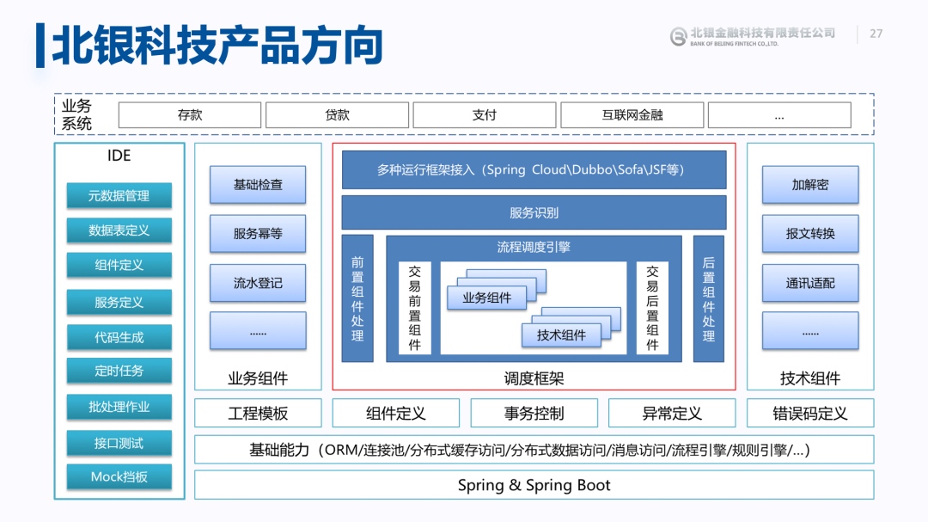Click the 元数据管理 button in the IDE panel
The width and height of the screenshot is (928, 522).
pos(119,195)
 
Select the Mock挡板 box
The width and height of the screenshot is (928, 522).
pos(119,476)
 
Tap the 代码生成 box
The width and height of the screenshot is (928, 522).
pos(119,337)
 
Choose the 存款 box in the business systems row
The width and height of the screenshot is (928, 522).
pos(190,114)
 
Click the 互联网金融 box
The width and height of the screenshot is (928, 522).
pos(632,114)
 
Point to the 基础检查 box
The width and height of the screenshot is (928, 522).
pos(258,185)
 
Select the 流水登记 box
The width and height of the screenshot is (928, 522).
pos(258,283)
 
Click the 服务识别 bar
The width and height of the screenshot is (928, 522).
pos(534,212)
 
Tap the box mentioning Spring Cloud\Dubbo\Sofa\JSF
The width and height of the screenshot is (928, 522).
pos(534,169)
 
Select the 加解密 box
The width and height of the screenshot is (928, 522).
pos(810,185)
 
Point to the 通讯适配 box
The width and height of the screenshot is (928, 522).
pos(810,283)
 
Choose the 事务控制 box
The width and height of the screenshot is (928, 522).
pos(534,414)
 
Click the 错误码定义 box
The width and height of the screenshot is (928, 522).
pos(810,414)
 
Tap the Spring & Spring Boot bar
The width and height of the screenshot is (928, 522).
pos(534,485)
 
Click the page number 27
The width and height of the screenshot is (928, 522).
pos(876,34)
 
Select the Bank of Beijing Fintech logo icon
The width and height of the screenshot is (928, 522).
pos(679,35)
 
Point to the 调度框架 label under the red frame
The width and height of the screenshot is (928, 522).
pos(534,378)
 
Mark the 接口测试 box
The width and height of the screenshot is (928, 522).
pos(119,443)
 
